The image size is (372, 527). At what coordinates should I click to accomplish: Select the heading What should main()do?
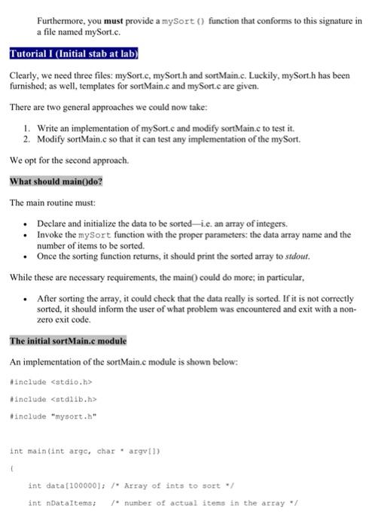click(56, 181)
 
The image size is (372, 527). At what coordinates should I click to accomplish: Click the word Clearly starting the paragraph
click(24, 76)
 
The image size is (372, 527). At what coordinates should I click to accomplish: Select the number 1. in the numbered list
click(28, 129)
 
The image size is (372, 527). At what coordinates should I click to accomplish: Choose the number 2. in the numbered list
click(28, 139)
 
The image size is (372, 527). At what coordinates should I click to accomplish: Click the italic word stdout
click(297, 255)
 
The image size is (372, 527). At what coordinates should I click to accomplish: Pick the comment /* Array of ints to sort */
click(153, 485)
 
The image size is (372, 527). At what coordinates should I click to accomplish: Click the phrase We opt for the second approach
click(69, 160)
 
